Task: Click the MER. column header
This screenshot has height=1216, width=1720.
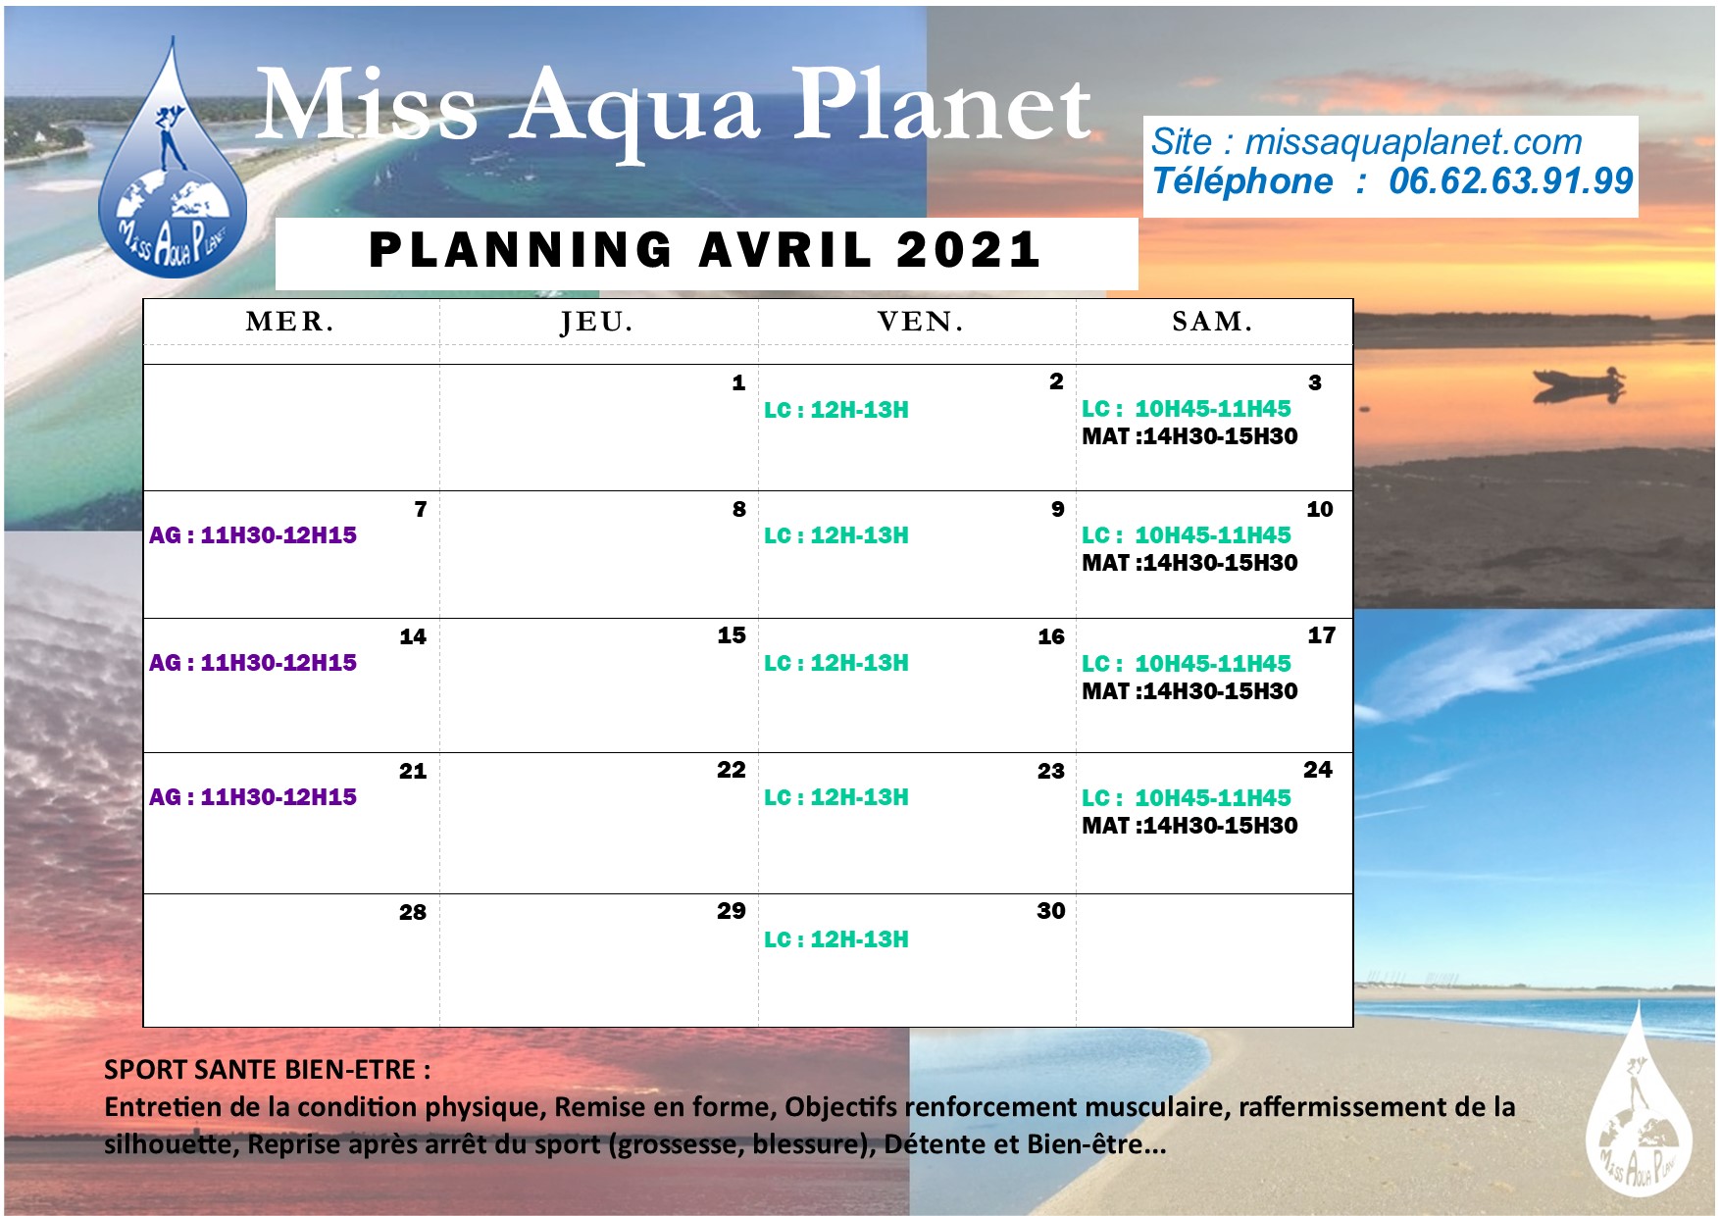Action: (x=290, y=322)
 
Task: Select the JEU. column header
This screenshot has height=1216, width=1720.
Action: (x=597, y=323)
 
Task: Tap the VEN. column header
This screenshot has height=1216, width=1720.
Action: (x=920, y=322)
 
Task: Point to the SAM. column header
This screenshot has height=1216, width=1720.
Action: (x=1212, y=322)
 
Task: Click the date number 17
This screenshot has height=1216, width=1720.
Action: (x=1321, y=635)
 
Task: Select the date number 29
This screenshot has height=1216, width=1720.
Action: (x=731, y=911)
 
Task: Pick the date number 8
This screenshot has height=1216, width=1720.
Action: (x=738, y=509)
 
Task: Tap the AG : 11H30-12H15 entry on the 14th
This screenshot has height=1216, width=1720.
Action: (x=253, y=663)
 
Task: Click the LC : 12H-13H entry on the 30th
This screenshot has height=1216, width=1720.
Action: (x=836, y=939)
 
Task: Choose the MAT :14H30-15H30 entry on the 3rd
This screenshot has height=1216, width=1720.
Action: (x=1189, y=436)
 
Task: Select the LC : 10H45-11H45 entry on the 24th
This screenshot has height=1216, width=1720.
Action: (x=1187, y=798)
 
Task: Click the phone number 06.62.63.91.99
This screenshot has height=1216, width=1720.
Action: (x=1510, y=181)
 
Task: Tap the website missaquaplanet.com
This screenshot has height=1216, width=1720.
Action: (x=1413, y=143)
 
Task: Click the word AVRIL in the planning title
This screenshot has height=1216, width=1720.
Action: (x=784, y=249)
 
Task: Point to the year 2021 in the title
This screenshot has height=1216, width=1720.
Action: (x=968, y=249)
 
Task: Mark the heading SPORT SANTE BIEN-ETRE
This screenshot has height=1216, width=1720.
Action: (x=267, y=1070)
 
